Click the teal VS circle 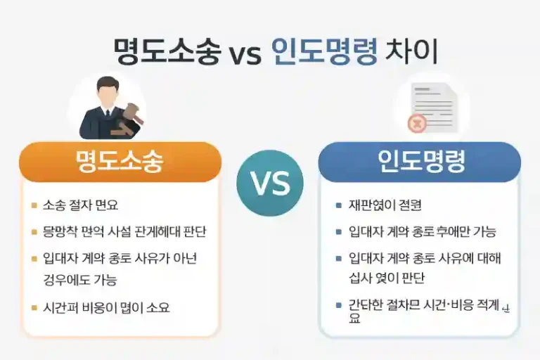pyautogui.click(x=270, y=183)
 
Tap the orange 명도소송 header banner pyautogui.click(x=120, y=162)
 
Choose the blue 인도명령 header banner pyautogui.click(x=420, y=162)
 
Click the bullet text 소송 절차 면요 pyautogui.click(x=80, y=205)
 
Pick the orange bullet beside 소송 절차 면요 pyautogui.click(x=34, y=205)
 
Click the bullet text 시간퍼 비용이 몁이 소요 pyautogui.click(x=105, y=307)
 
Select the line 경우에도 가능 pyautogui.click(x=79, y=280)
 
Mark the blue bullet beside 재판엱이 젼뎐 pyautogui.click(x=339, y=205)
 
